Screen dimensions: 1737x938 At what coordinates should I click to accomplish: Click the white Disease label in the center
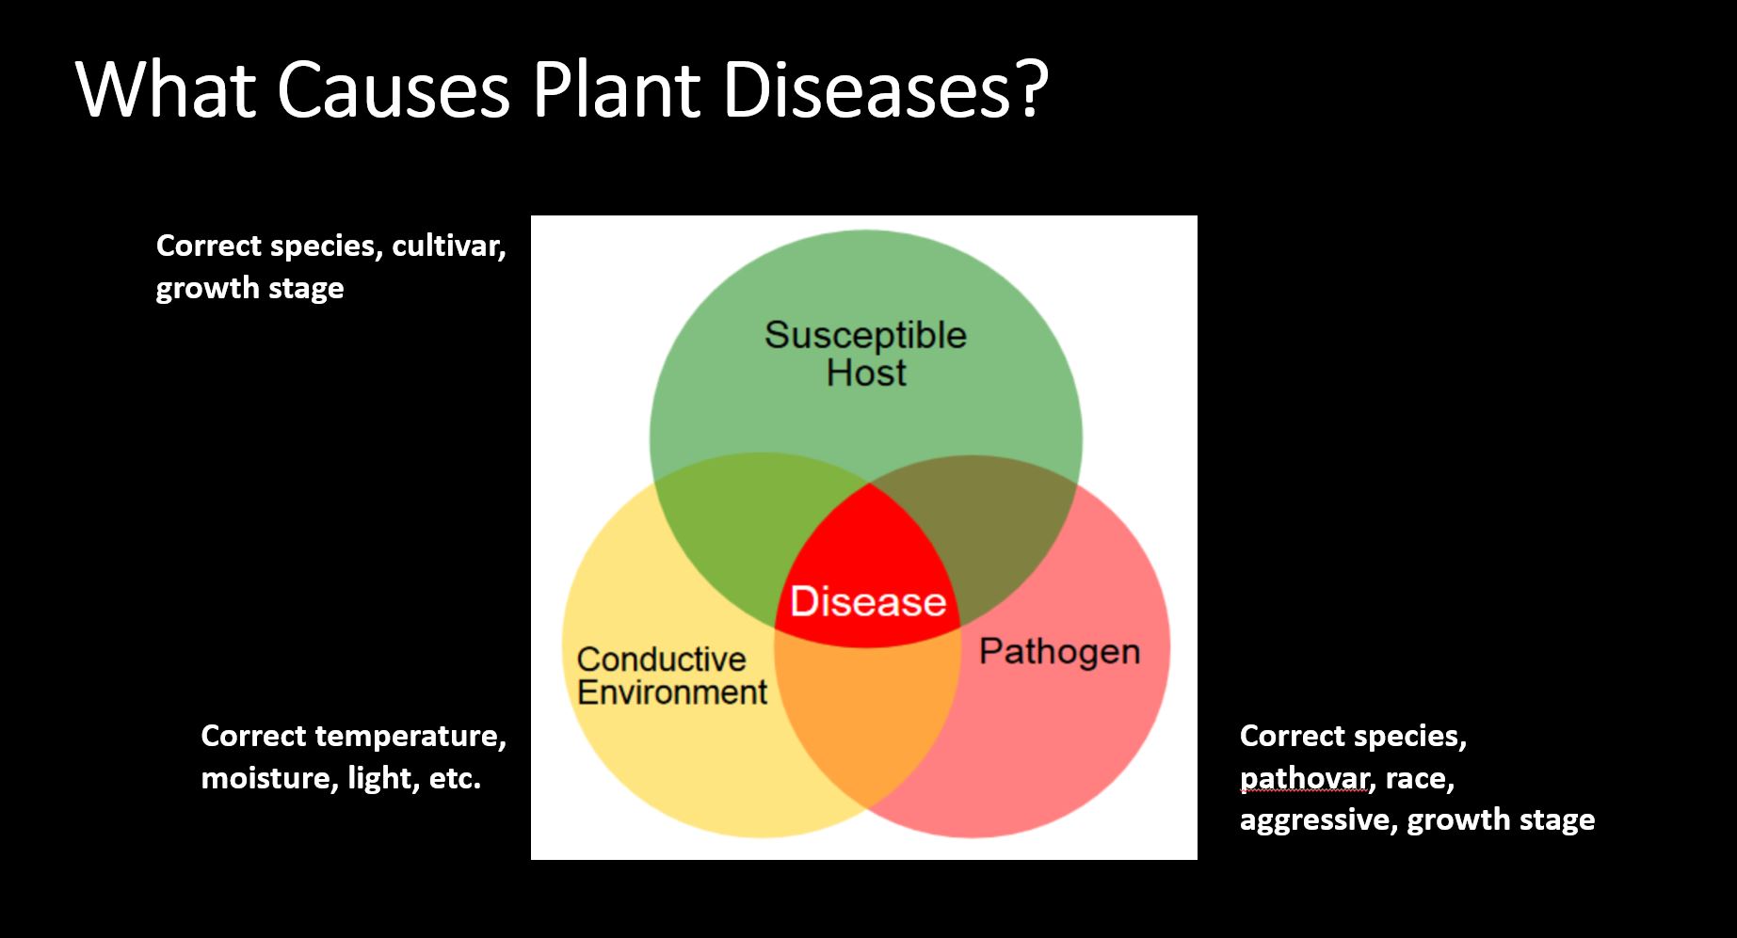(x=868, y=601)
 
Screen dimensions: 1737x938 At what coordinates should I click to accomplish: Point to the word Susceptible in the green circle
(x=865, y=335)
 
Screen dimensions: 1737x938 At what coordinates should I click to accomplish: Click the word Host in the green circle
(x=866, y=373)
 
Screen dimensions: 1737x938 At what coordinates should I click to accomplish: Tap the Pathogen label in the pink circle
(x=1059, y=651)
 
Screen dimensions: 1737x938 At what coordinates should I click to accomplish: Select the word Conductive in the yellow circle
(x=661, y=659)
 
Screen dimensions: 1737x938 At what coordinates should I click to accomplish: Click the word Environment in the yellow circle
(x=672, y=692)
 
